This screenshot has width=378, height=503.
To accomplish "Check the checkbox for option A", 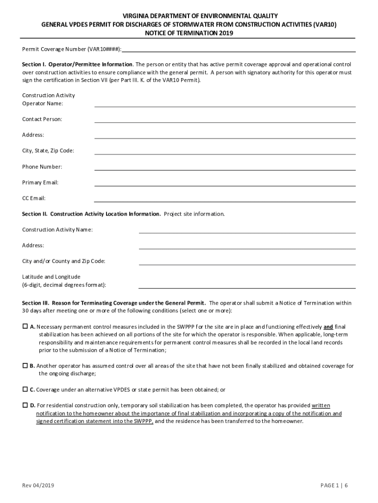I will pos(25,326).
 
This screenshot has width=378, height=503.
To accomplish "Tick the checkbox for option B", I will pos(25,365).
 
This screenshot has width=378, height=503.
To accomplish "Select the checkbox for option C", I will pos(25,389).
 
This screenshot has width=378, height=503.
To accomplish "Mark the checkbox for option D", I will pos(25,405).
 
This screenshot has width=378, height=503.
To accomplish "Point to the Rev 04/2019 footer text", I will pos(38,486).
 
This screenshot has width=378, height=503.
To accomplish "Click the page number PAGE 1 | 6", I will pos(334,486).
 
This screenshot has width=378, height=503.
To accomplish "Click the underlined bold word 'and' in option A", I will pos(328,327).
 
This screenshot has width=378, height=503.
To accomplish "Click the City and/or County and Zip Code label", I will pos(63,261).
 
